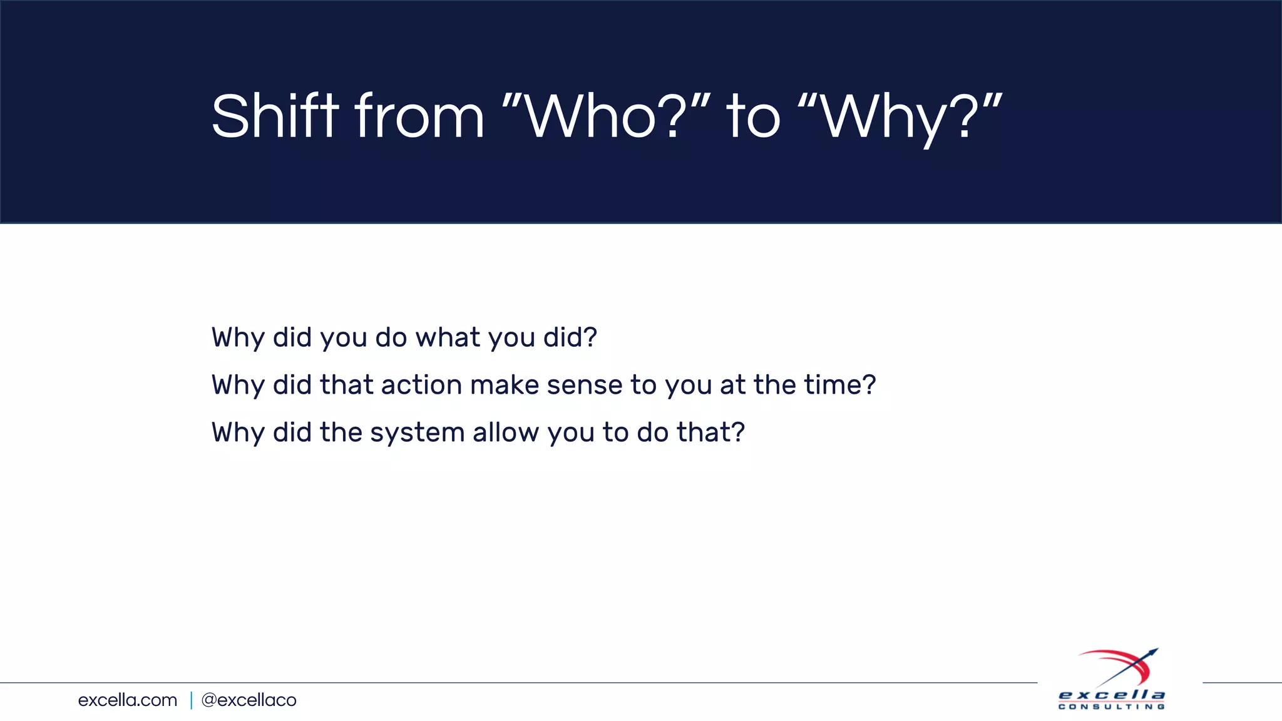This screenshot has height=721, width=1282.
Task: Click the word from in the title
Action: click(x=419, y=116)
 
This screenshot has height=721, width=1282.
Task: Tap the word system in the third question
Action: click(x=417, y=433)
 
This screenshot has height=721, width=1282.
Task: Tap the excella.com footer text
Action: click(x=128, y=700)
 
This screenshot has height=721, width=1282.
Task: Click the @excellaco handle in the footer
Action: click(x=249, y=700)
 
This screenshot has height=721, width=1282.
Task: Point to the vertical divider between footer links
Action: click(x=191, y=700)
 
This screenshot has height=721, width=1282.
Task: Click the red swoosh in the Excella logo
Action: click(x=1120, y=660)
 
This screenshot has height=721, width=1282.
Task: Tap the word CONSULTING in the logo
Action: click(x=1112, y=707)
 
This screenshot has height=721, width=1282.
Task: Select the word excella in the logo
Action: click(x=1112, y=695)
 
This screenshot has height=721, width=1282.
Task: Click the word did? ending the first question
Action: click(x=570, y=337)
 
